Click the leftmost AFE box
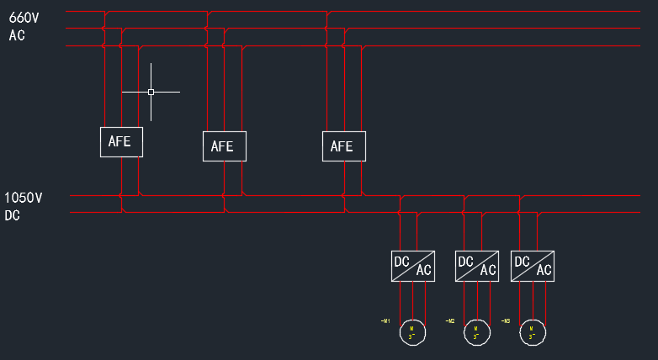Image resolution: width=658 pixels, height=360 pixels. [121, 141]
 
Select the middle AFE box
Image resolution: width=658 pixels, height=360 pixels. [224, 146]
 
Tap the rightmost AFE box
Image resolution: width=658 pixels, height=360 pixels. [343, 146]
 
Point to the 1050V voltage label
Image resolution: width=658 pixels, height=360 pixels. [24, 199]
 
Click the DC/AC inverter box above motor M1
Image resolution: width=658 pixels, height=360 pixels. [412, 266]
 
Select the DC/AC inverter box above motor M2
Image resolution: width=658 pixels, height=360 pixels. [476, 266]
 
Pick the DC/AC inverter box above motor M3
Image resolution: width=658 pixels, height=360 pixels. [532, 266]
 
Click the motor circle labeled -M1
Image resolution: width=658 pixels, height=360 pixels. [412, 332]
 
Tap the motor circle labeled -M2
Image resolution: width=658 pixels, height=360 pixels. [476, 332]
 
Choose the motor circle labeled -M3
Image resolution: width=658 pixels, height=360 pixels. [532, 332]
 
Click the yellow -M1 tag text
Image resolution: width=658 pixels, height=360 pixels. [385, 321]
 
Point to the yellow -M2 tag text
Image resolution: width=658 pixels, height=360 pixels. [450, 321]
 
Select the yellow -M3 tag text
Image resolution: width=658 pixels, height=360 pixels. [506, 321]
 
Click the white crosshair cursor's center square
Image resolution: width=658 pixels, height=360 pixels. [151, 92]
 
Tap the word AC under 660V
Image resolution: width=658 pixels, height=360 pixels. [18, 35]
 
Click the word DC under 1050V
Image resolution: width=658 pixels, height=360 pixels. [13, 216]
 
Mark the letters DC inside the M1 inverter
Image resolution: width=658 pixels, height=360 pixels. [402, 261]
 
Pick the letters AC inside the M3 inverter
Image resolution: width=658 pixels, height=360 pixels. [544, 271]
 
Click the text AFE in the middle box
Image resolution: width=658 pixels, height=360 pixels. [222, 146]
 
